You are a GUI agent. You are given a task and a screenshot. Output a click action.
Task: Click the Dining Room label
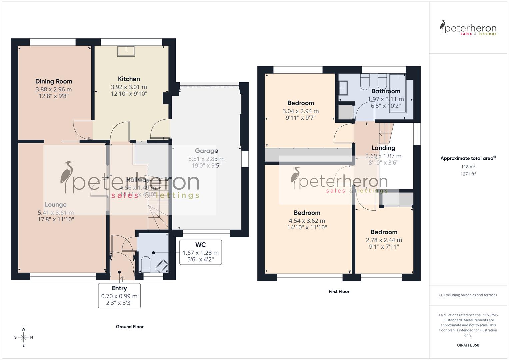pyautogui.click(x=54, y=81)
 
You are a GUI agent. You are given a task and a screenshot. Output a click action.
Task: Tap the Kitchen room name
pyautogui.click(x=129, y=79)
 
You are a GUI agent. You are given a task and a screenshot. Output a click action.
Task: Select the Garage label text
pyautogui.click(x=206, y=151)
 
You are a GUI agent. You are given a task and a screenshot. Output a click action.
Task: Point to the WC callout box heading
pyautogui.click(x=201, y=245)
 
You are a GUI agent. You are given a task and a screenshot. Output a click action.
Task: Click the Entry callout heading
pyautogui.click(x=119, y=288)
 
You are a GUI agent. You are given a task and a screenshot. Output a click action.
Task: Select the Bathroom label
pyautogui.click(x=386, y=91)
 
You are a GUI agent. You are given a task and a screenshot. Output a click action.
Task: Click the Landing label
pyautogui.click(x=383, y=148)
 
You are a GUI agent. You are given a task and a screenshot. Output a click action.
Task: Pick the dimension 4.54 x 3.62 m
pyautogui.click(x=307, y=221)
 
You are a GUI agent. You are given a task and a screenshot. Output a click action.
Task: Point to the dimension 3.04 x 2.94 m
pyautogui.click(x=301, y=111)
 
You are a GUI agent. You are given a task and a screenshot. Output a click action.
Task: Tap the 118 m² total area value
pyautogui.click(x=468, y=167)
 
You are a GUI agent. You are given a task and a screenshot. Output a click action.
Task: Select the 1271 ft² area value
pyautogui.click(x=468, y=174)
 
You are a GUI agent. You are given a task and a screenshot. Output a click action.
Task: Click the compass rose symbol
pyautogui.click(x=23, y=337)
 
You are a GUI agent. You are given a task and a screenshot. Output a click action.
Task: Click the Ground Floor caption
pyautogui.click(x=130, y=327)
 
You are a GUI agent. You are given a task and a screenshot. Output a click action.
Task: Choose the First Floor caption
pyautogui.click(x=339, y=291)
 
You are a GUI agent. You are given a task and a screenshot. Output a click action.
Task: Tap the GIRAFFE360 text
pyautogui.click(x=468, y=345)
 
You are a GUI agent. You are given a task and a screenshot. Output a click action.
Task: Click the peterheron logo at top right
pyautogui.click(x=468, y=28)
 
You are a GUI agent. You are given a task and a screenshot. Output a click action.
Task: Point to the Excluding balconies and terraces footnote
pyautogui.click(x=468, y=295)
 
